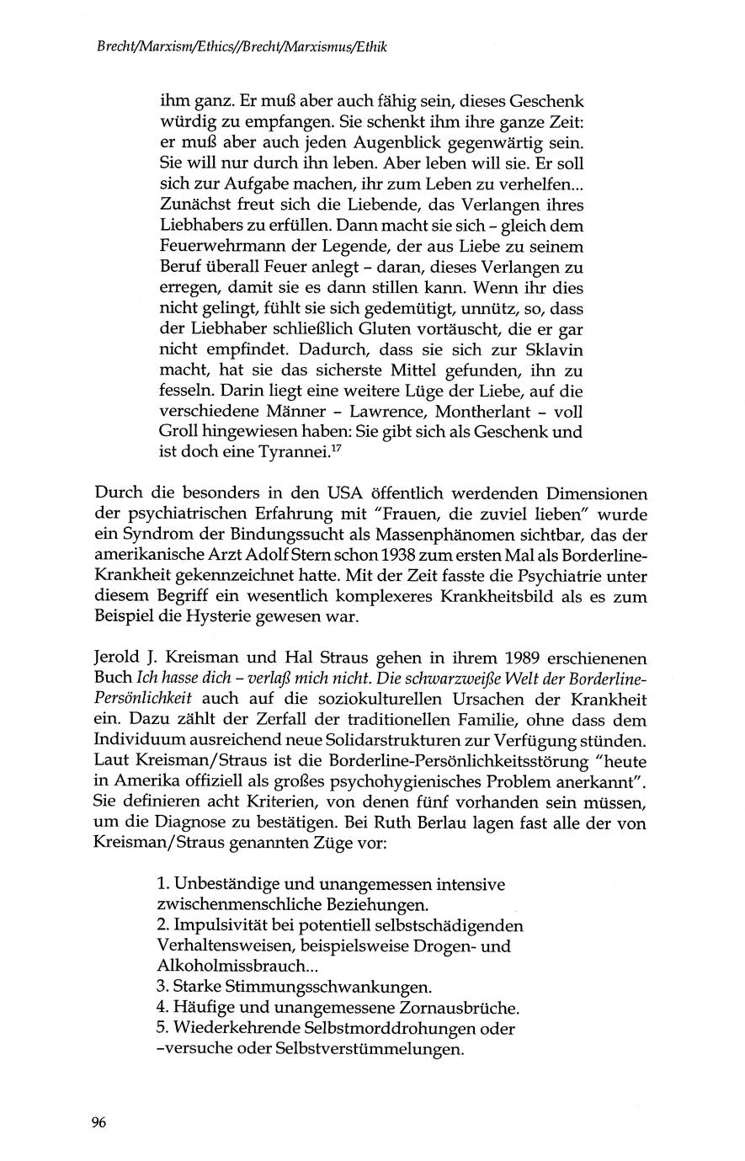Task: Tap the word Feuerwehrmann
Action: [215, 247]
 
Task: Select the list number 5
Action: [162, 1029]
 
